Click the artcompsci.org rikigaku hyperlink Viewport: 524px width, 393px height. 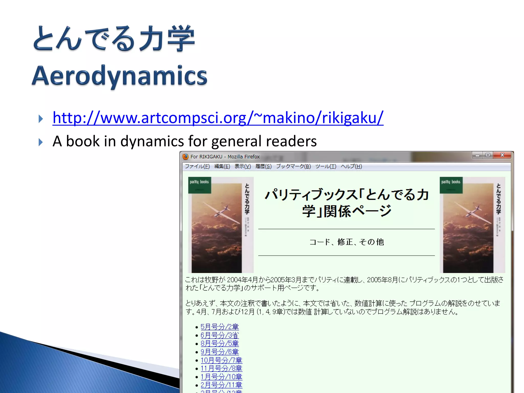pyautogui.click(x=218, y=118)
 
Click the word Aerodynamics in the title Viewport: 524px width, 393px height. pyautogui.click(x=119, y=76)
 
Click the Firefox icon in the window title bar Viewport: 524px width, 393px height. pyautogui.click(x=185, y=157)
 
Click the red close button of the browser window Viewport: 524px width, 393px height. pyautogui.click(x=502, y=155)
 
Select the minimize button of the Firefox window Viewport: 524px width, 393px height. pyautogui.click(x=477, y=155)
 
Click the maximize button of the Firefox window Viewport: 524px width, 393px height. pyautogui.click(x=488, y=155)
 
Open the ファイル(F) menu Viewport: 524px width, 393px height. pyautogui.click(x=197, y=167)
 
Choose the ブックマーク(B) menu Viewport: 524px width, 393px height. pyautogui.click(x=293, y=167)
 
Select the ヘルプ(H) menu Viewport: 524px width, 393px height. pyautogui.click(x=351, y=167)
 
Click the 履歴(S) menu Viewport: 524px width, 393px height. pyautogui.click(x=263, y=167)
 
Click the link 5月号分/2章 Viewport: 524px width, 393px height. pyautogui.click(x=220, y=327)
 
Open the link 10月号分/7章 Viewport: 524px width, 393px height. pyautogui.click(x=221, y=360)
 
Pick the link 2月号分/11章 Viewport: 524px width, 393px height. pyautogui.click(x=221, y=385)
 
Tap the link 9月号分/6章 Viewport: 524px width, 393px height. pyautogui.click(x=220, y=352)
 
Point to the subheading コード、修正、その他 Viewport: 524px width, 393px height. pyautogui.click(x=346, y=242)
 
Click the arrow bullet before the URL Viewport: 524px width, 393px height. pyautogui.click(x=40, y=119)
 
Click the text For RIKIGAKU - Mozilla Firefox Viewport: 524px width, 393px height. pyautogui.click(x=225, y=157)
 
